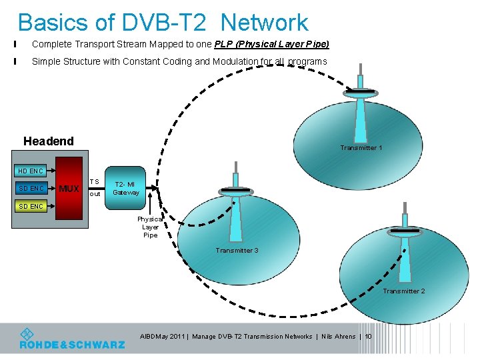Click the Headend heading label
pyautogui.click(x=48, y=141)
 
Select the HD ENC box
pyautogui.click(x=31, y=171)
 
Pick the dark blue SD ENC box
pyautogui.click(x=31, y=189)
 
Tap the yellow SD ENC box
pyautogui.click(x=31, y=206)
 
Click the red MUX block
pyautogui.click(x=69, y=189)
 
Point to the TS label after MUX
pyautogui.click(x=94, y=181)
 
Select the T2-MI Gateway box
pyautogui.click(x=125, y=188)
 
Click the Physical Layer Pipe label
pyautogui.click(x=150, y=227)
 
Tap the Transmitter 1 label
pyautogui.click(x=361, y=148)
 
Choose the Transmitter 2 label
pyautogui.click(x=403, y=291)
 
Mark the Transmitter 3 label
pyautogui.click(x=237, y=251)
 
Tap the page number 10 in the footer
pyautogui.click(x=368, y=337)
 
